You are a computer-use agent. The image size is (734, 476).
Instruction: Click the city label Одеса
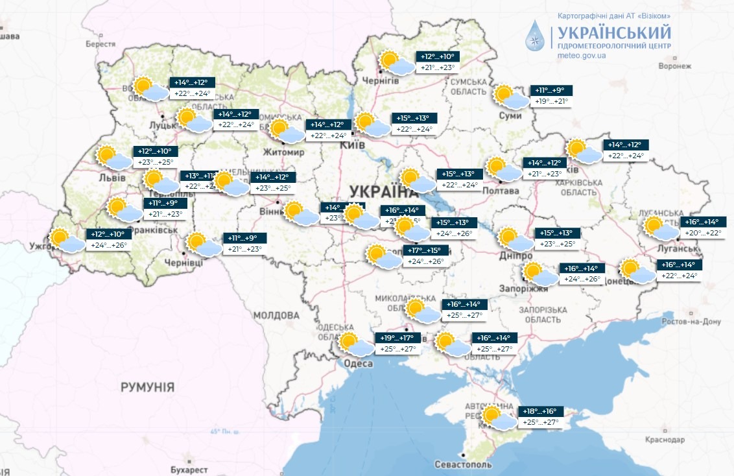[357, 364]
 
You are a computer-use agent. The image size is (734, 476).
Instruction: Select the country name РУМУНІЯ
[147, 387]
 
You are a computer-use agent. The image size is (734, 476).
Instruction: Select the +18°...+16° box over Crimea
[539, 411]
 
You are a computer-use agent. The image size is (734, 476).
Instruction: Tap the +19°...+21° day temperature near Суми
[550, 102]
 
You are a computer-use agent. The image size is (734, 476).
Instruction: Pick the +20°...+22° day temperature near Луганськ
[705, 233]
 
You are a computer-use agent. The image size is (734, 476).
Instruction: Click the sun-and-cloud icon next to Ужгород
[67, 241]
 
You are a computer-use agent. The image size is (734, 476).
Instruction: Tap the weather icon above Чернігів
[397, 63]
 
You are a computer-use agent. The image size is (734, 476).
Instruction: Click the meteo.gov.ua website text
[581, 56]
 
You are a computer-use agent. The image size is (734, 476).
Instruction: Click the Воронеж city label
[670, 67]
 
